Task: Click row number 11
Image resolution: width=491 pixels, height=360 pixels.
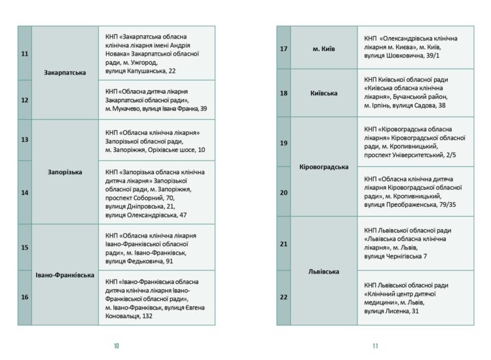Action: (25, 53)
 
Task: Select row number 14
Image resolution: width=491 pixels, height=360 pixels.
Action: (25, 192)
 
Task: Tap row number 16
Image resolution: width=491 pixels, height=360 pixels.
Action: (25, 297)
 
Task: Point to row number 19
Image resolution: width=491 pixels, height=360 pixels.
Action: (283, 143)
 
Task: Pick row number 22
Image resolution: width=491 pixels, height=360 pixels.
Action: (283, 297)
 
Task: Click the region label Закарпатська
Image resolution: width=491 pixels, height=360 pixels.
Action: (65, 72)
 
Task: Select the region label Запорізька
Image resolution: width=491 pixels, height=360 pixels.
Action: (65, 172)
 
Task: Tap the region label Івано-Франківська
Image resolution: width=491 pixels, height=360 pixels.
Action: (65, 275)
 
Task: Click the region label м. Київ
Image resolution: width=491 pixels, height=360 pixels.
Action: (324, 48)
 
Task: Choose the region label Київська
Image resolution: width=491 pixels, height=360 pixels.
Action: (324, 93)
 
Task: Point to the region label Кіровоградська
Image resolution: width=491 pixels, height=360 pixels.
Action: (324, 167)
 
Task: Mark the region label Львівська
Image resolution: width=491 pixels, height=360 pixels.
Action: (324, 270)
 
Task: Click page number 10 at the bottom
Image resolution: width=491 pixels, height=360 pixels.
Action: (117, 345)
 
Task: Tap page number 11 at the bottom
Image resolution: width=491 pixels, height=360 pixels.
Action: (375, 345)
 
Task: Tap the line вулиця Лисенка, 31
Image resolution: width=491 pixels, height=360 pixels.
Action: (391, 311)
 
